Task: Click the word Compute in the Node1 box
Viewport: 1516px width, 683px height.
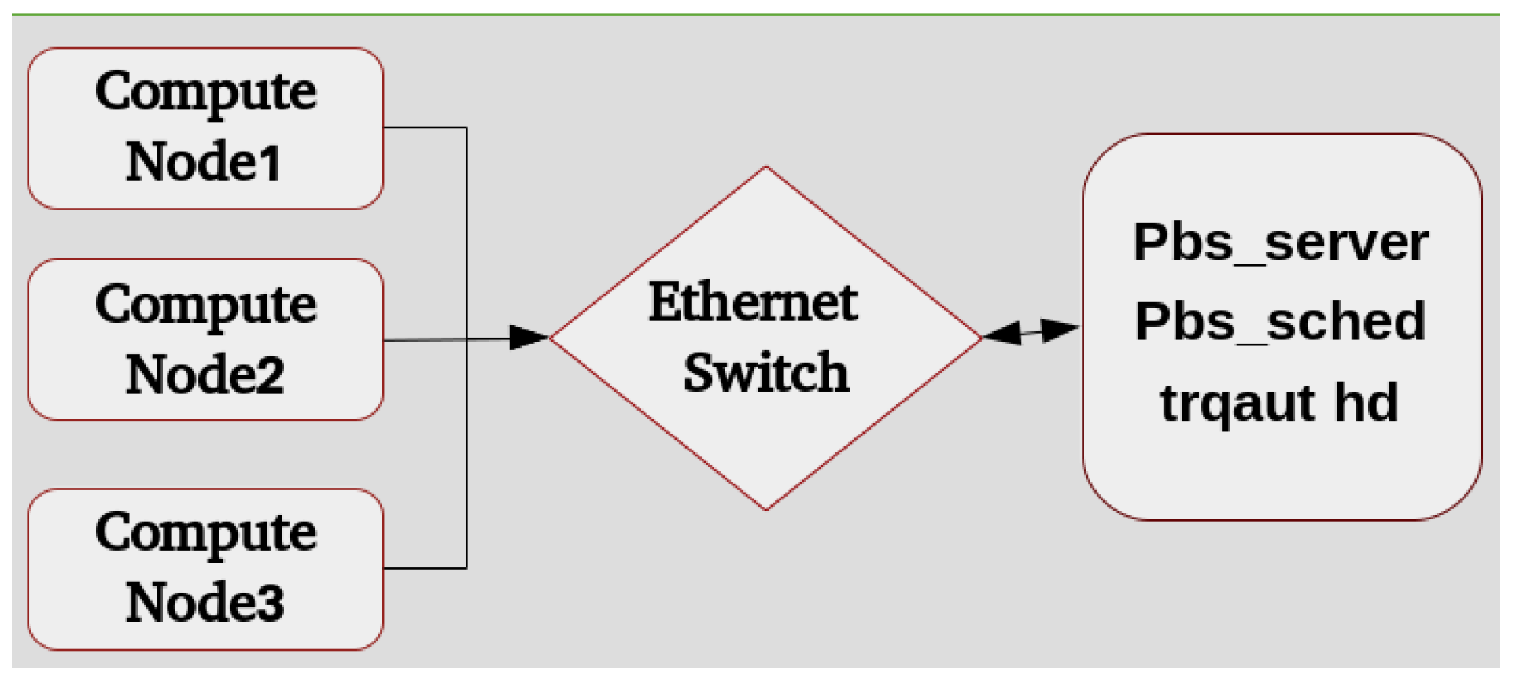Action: [205, 91]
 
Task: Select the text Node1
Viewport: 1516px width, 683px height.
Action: [204, 161]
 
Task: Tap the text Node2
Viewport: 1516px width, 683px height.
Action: [205, 375]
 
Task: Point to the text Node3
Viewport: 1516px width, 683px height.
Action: [205, 602]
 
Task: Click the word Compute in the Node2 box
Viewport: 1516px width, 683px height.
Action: [205, 305]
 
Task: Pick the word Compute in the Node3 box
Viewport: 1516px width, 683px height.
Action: [205, 533]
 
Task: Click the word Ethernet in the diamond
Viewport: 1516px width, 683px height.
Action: [753, 302]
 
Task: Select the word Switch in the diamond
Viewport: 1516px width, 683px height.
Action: [765, 372]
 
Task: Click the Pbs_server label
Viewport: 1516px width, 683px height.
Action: [1280, 242]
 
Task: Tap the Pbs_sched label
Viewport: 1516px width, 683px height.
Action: [1280, 322]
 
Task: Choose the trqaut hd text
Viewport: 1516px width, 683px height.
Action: [1278, 403]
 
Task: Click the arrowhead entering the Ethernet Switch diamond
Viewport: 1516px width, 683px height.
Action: [529, 338]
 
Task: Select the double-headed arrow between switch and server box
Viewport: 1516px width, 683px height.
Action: [1031, 331]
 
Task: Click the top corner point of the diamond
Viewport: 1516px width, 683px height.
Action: [765, 167]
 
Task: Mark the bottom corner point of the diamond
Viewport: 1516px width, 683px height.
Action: [765, 510]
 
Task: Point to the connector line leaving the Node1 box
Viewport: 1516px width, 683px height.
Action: [425, 127]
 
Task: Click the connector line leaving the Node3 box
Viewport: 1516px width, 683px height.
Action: [425, 567]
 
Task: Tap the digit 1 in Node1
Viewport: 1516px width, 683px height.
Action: [270, 163]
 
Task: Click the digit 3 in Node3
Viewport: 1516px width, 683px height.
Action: [271, 603]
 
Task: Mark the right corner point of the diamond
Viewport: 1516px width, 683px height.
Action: [982, 338]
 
